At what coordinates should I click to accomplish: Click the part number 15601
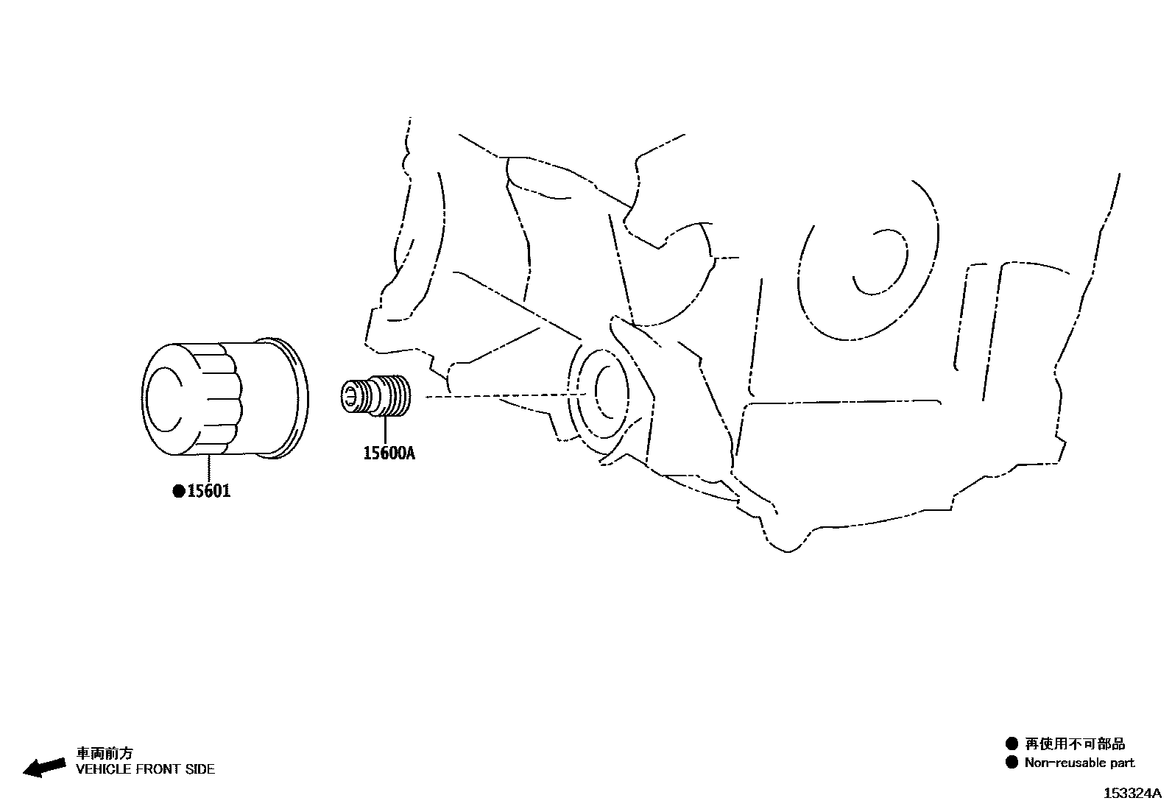click(208, 490)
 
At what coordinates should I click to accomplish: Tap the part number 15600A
click(389, 453)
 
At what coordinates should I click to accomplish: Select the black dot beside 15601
click(178, 491)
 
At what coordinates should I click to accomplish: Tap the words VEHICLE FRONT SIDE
click(146, 769)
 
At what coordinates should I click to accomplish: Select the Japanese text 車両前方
click(105, 753)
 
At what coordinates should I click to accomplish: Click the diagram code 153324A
click(1132, 794)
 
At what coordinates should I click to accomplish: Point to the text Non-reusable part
click(1079, 763)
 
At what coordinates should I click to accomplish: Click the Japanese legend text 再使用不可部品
click(1075, 744)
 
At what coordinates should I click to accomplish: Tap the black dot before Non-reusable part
click(1012, 763)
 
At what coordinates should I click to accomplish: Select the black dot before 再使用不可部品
click(1012, 744)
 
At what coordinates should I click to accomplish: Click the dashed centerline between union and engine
click(501, 397)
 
